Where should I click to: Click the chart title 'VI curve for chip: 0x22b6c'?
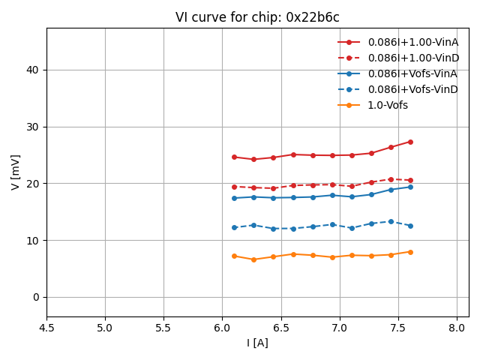(x=257, y=17)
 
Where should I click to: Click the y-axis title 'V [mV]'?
(x=16, y=172)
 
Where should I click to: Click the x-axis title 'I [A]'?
(x=257, y=343)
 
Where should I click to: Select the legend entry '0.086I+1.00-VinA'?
(x=412, y=42)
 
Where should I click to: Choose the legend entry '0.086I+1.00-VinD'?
(x=412, y=58)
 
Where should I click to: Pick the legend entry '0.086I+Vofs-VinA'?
(x=412, y=73)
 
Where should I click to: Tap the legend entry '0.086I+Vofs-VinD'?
(x=412, y=89)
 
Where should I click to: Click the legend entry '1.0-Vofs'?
(x=388, y=105)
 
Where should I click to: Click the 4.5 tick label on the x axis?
(x=46, y=328)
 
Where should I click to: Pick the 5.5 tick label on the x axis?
(x=163, y=328)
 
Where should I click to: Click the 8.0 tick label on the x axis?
(x=457, y=328)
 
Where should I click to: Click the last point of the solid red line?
(x=410, y=142)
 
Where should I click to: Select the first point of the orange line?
(x=234, y=256)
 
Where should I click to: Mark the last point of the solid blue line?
(x=410, y=187)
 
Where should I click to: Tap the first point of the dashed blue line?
(x=234, y=227)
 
